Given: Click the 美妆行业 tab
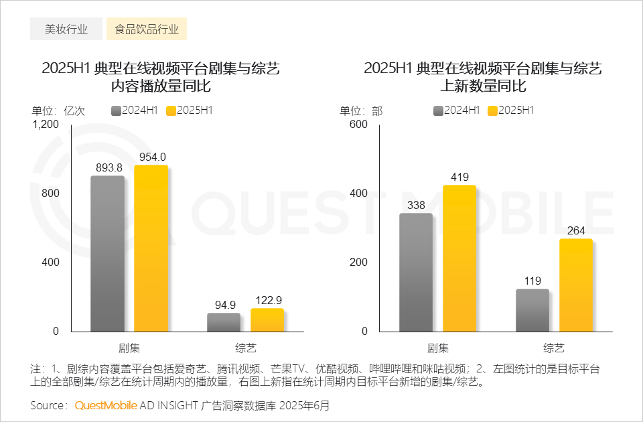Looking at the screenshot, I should (66, 29).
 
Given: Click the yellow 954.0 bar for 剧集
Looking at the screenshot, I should (151, 248).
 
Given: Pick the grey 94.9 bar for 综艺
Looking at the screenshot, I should (224, 322).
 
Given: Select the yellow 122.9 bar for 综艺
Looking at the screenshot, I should (267, 320).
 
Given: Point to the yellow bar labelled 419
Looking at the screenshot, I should (459, 258).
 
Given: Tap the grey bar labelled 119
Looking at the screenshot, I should (532, 310).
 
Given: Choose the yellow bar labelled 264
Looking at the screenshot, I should (576, 285).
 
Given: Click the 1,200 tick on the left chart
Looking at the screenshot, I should (46, 125).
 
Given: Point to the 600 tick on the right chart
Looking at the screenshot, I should (359, 125).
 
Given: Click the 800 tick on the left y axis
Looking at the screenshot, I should (51, 194).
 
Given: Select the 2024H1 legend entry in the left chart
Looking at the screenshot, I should (135, 111).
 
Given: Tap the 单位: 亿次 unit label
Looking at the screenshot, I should (58, 111).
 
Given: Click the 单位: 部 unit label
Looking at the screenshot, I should (361, 111).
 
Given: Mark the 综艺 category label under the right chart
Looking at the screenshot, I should (554, 348).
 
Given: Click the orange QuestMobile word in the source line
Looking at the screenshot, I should (106, 405).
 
